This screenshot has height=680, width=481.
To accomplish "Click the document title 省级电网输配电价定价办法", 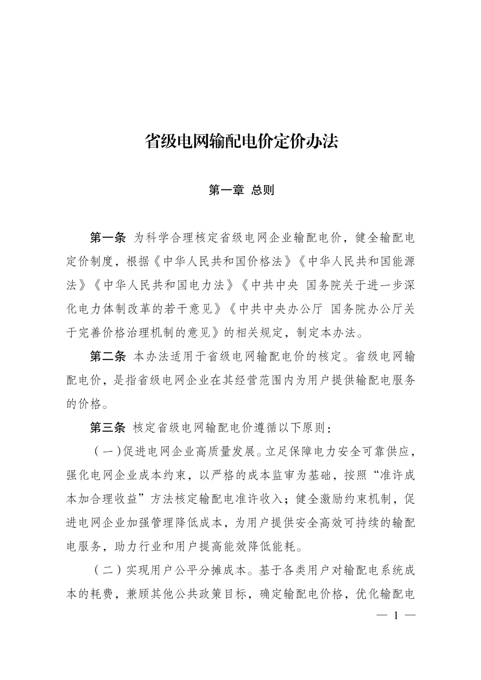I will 240,142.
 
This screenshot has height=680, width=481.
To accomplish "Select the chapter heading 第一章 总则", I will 241,190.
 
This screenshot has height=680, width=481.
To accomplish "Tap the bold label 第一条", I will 108,238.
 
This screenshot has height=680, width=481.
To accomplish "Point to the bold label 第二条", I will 108,356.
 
